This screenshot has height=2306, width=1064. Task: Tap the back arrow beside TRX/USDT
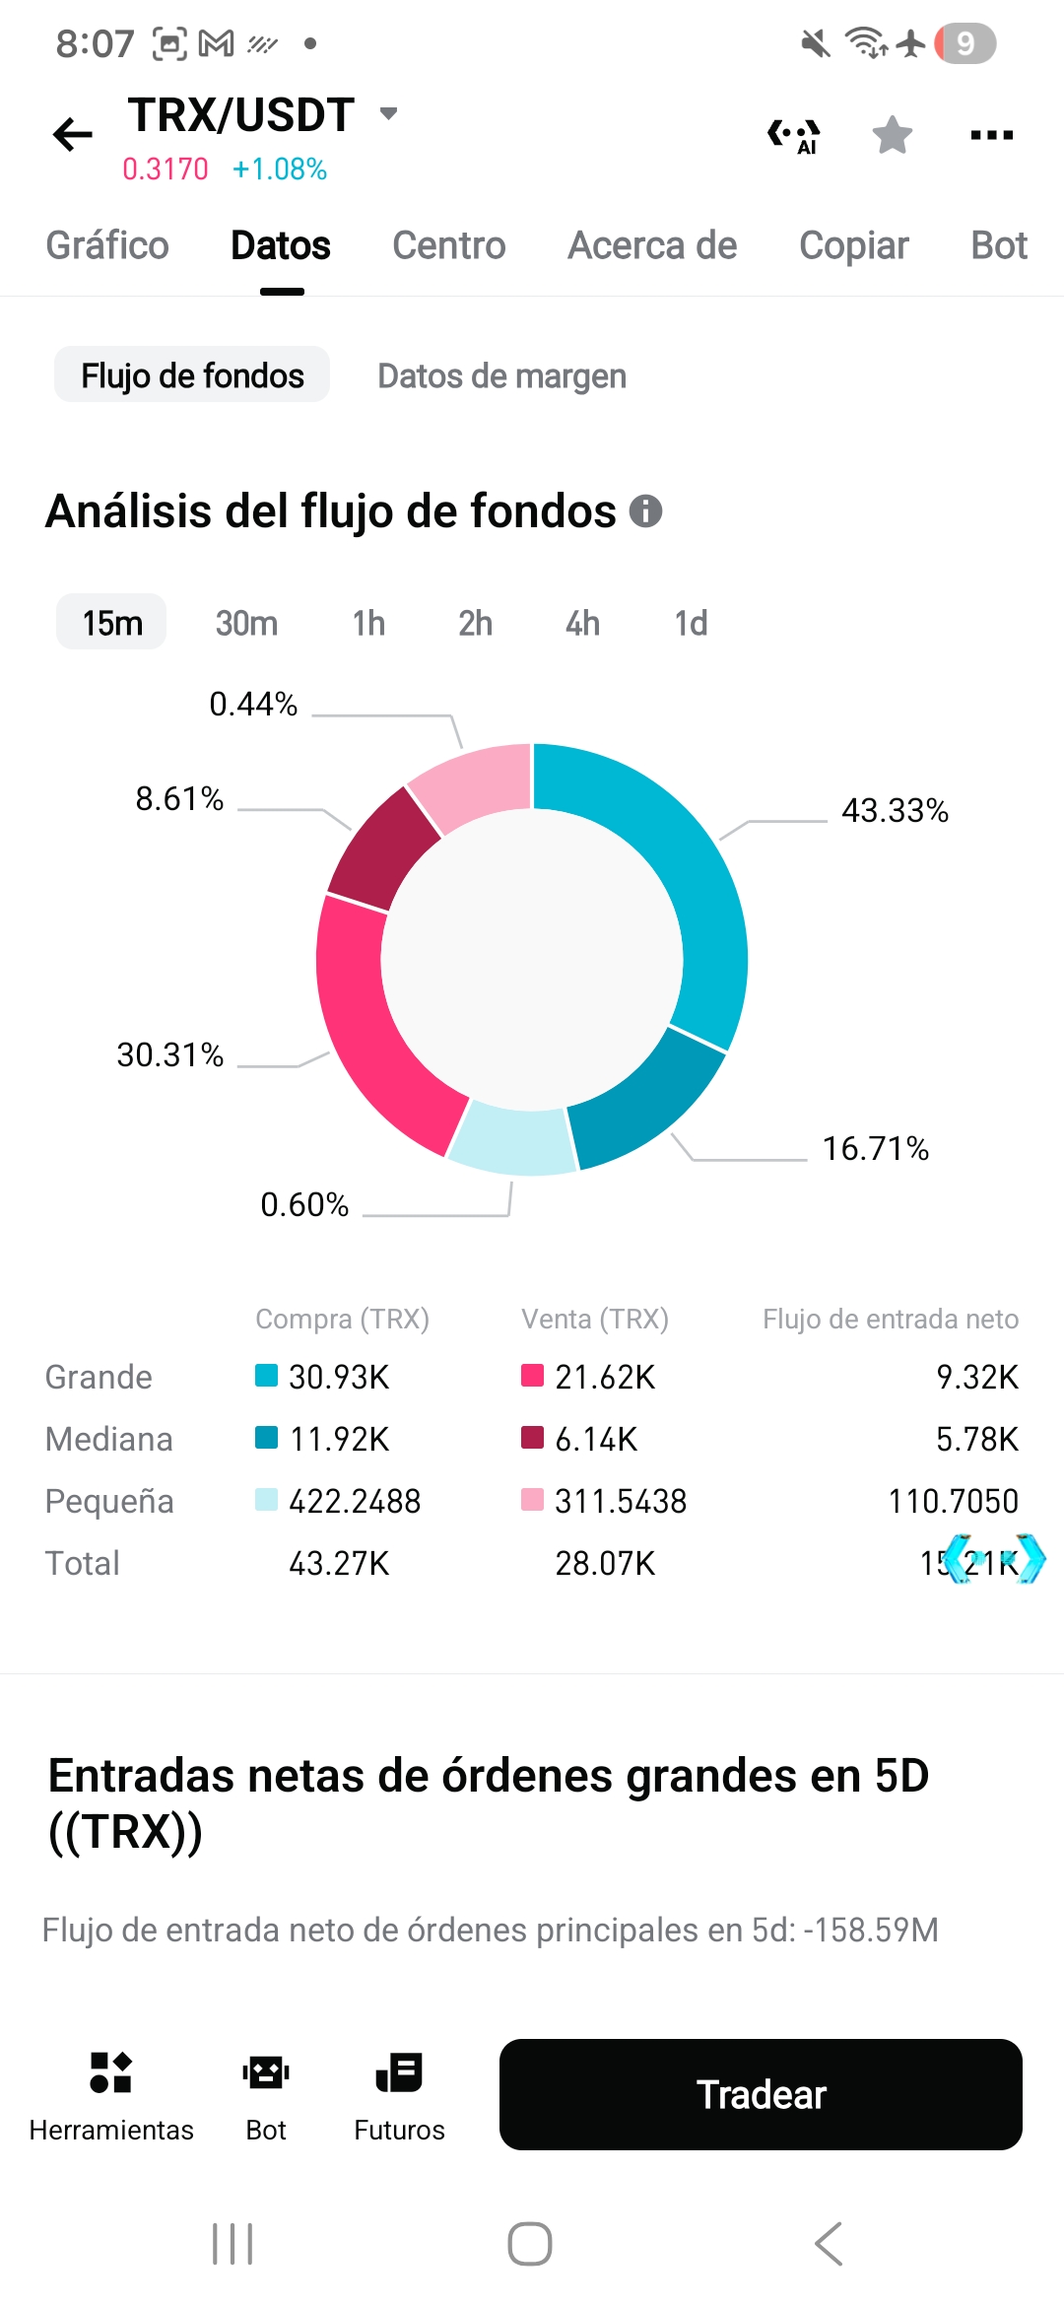(73, 134)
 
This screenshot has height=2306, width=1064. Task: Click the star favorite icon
(893, 135)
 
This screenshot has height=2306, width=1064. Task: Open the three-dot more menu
(991, 135)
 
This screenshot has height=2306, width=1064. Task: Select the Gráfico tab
(107, 245)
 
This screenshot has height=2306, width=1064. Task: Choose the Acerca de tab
(652, 245)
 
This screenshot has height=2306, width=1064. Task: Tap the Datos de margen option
(501, 375)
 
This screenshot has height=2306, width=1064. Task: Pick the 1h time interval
(368, 623)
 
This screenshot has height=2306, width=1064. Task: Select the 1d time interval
(691, 623)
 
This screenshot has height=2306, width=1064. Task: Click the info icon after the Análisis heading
(646, 511)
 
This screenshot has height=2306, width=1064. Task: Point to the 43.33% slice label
(895, 810)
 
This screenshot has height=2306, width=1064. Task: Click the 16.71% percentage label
(876, 1148)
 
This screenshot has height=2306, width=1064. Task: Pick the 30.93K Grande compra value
(339, 1377)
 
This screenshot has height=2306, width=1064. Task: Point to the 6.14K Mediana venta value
(596, 1439)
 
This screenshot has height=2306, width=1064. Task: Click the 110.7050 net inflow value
(953, 1501)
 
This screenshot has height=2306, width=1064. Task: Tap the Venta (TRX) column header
(595, 1319)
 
